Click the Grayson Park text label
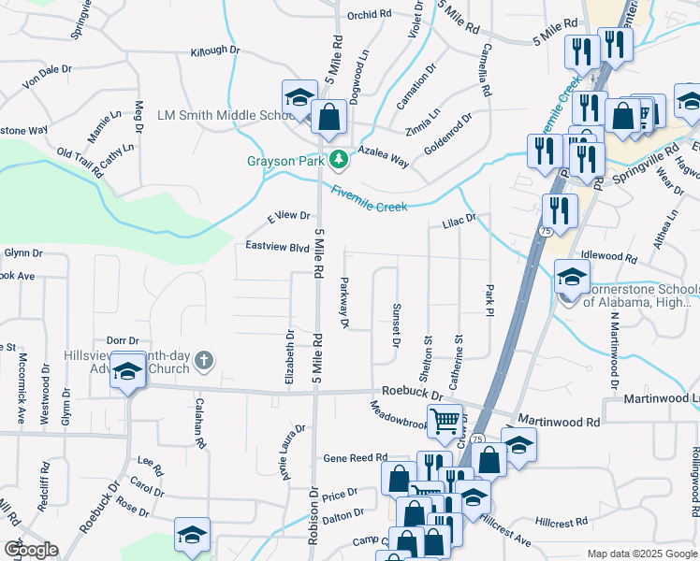tap(283, 160)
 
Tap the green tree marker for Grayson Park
tap(337, 160)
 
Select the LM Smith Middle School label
tap(214, 115)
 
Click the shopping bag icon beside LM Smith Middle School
tap(328, 118)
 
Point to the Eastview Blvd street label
tap(277, 247)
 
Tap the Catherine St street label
tap(458, 363)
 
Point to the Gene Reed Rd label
tap(355, 458)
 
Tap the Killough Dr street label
tap(215, 52)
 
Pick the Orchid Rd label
tap(369, 15)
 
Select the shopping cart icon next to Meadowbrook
tap(445, 421)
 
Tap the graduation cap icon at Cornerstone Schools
tap(572, 277)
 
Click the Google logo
tap(31, 550)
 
